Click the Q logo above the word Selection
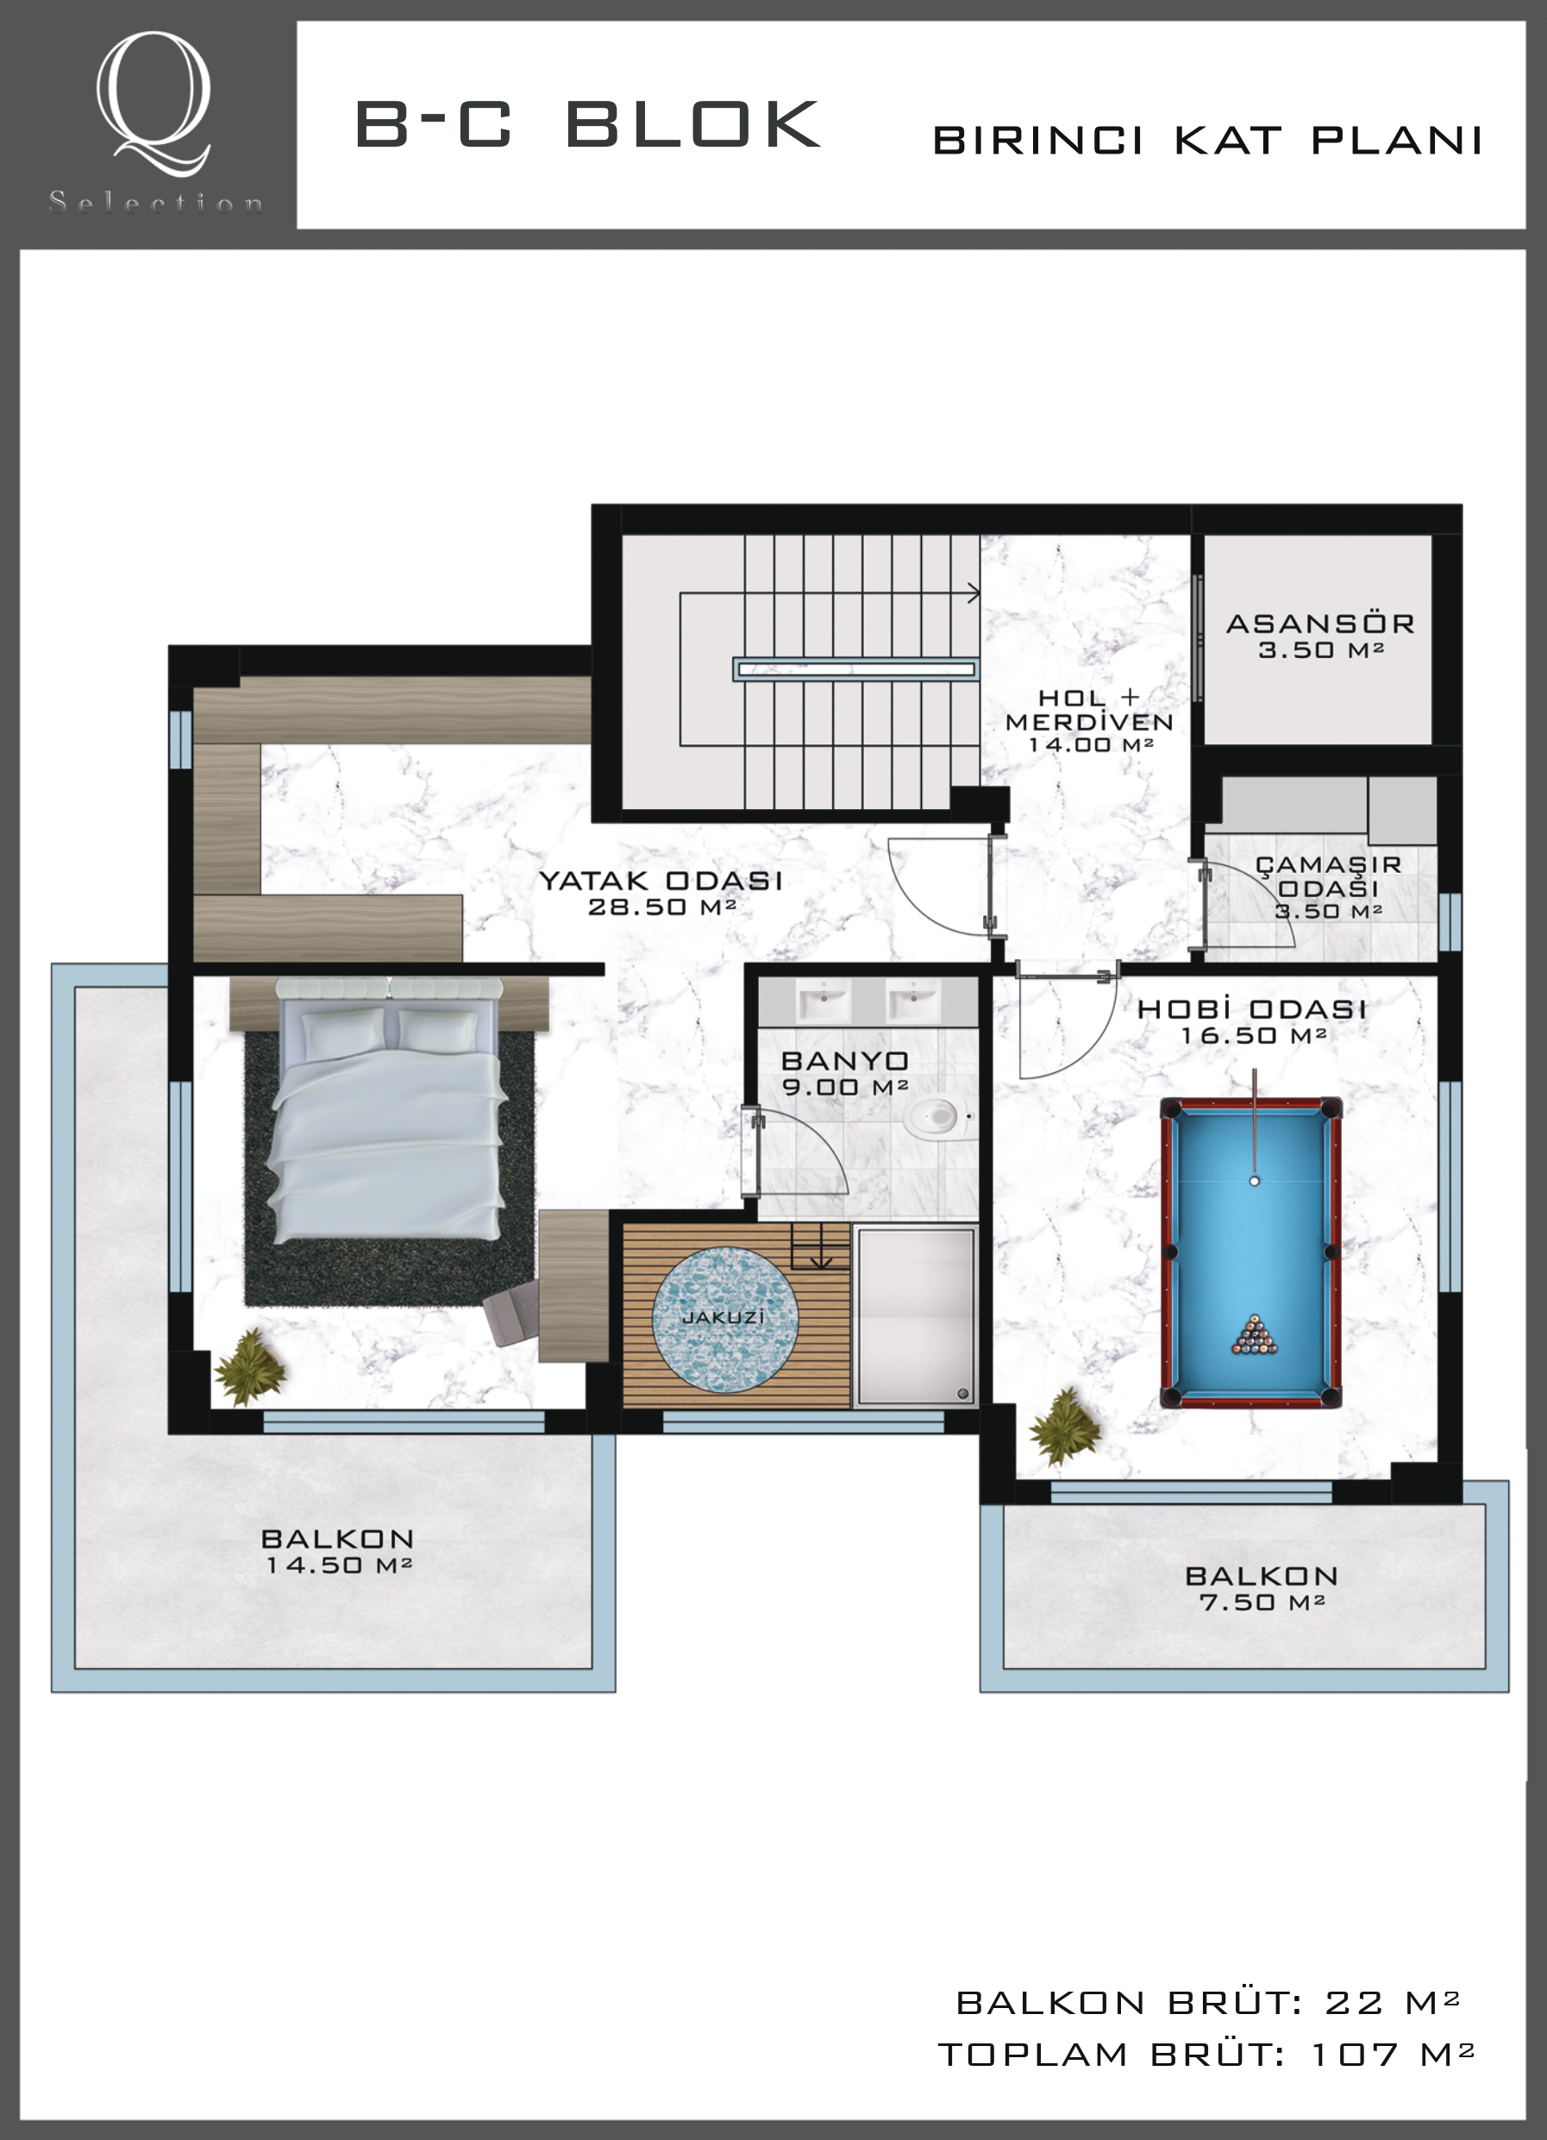(x=153, y=104)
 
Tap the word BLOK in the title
(x=693, y=124)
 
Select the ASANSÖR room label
(x=1319, y=624)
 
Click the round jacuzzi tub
(x=724, y=1317)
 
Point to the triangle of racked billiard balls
(x=1255, y=1335)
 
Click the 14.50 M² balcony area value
(x=340, y=1566)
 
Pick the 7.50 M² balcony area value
(x=1262, y=1602)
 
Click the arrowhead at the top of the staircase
(x=974, y=593)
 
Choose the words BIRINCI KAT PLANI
(x=1207, y=141)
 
